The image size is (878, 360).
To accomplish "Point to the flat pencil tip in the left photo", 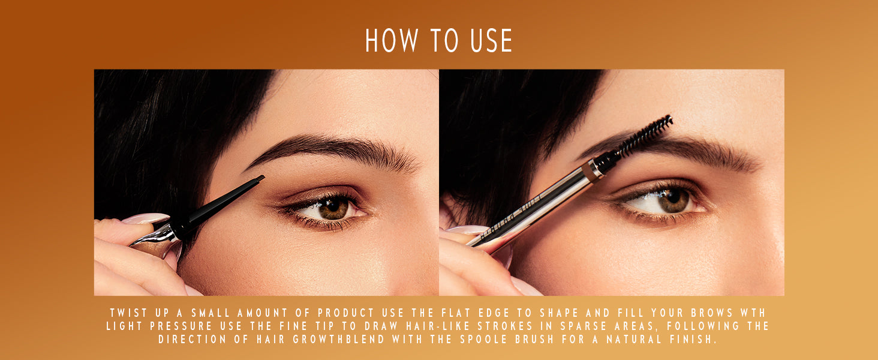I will pyautogui.click(x=258, y=179).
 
